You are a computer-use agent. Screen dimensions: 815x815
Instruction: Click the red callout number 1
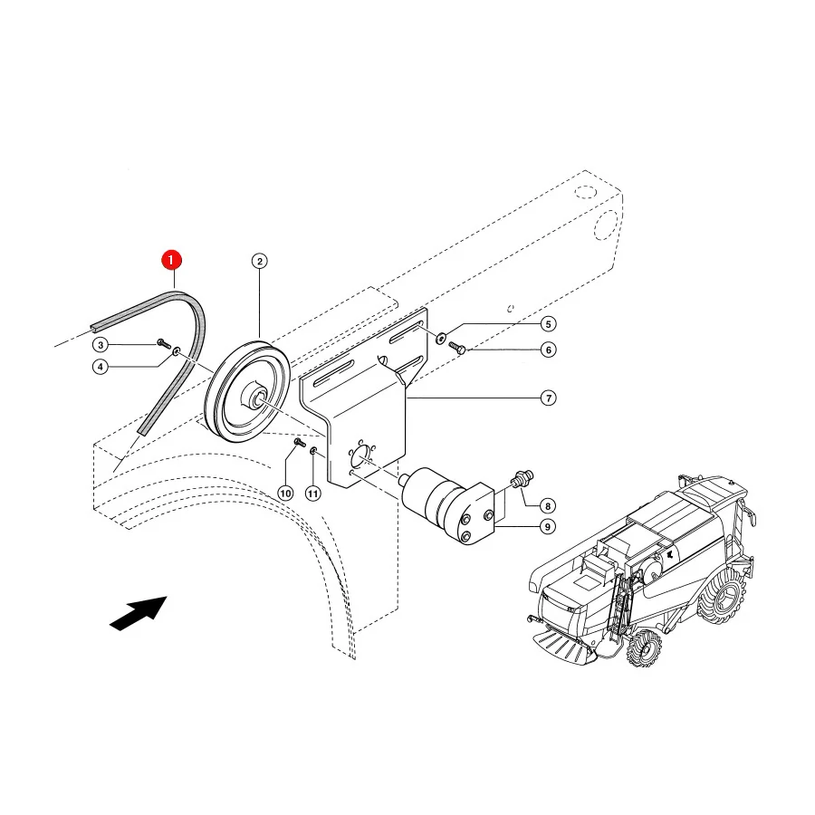tap(171, 260)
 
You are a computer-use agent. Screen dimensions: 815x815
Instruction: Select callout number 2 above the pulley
tap(259, 261)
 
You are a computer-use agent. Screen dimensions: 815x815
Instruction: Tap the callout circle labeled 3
tap(101, 345)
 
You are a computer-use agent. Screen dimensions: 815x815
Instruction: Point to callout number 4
tap(101, 367)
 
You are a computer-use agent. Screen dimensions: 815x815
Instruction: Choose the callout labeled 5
tap(548, 324)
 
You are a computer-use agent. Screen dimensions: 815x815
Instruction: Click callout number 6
tap(548, 350)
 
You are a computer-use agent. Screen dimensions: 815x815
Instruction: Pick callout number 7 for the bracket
tap(549, 398)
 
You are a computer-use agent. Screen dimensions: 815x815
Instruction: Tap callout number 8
tap(547, 505)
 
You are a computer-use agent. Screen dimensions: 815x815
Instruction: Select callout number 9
tap(547, 526)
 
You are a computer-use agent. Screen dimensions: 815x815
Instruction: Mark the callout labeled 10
tap(285, 493)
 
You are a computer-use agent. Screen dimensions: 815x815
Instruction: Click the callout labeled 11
tap(313, 493)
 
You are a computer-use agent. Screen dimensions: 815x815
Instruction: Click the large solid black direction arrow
tap(139, 613)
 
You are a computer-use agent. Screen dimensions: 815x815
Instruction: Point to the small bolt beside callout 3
tap(164, 342)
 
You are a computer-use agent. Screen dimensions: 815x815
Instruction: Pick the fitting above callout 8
tap(522, 478)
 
